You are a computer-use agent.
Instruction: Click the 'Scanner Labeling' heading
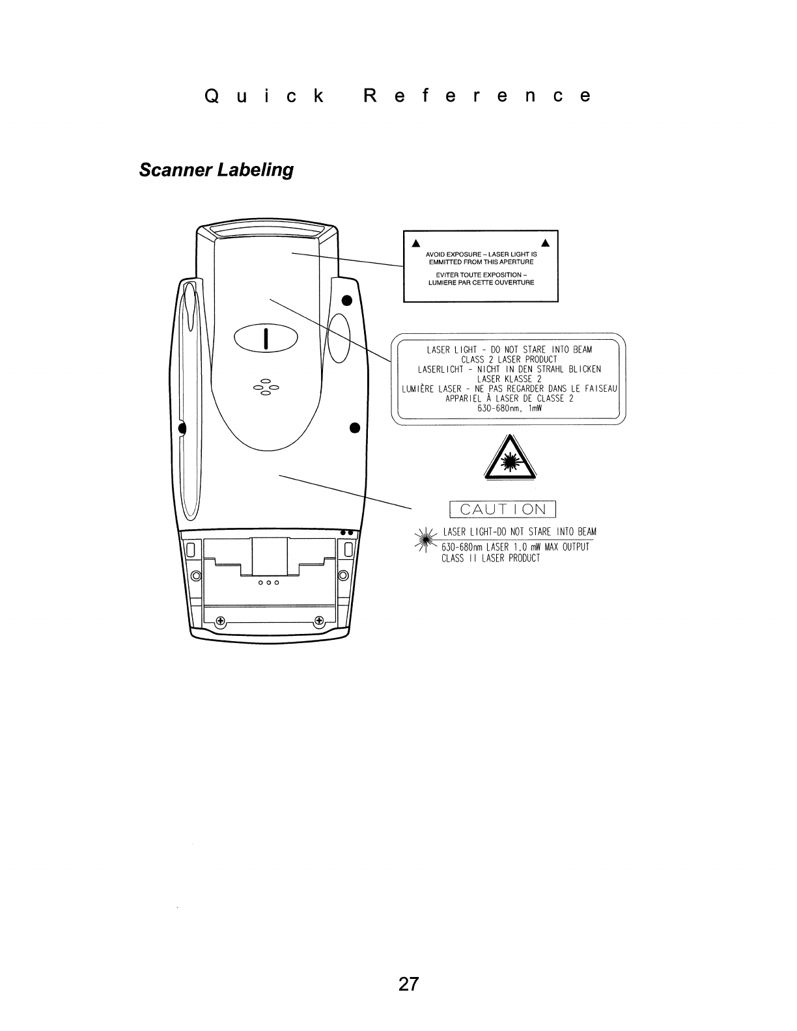coord(216,171)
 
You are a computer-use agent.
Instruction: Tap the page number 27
coord(408,983)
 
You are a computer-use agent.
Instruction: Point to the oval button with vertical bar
coord(266,338)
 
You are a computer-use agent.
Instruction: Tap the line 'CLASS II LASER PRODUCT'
coord(491,558)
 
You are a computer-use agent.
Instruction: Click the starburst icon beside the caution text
coord(427,538)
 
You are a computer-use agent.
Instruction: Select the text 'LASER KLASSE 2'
coord(509,379)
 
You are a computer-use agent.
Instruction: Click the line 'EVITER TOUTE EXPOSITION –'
coord(481,275)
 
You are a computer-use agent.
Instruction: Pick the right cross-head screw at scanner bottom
coord(319,620)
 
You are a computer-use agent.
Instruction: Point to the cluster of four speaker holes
coord(266,387)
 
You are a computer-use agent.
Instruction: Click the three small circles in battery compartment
coord(268,583)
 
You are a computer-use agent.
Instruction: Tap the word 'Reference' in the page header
coord(477,96)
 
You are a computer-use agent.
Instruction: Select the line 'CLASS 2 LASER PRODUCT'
coord(509,359)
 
